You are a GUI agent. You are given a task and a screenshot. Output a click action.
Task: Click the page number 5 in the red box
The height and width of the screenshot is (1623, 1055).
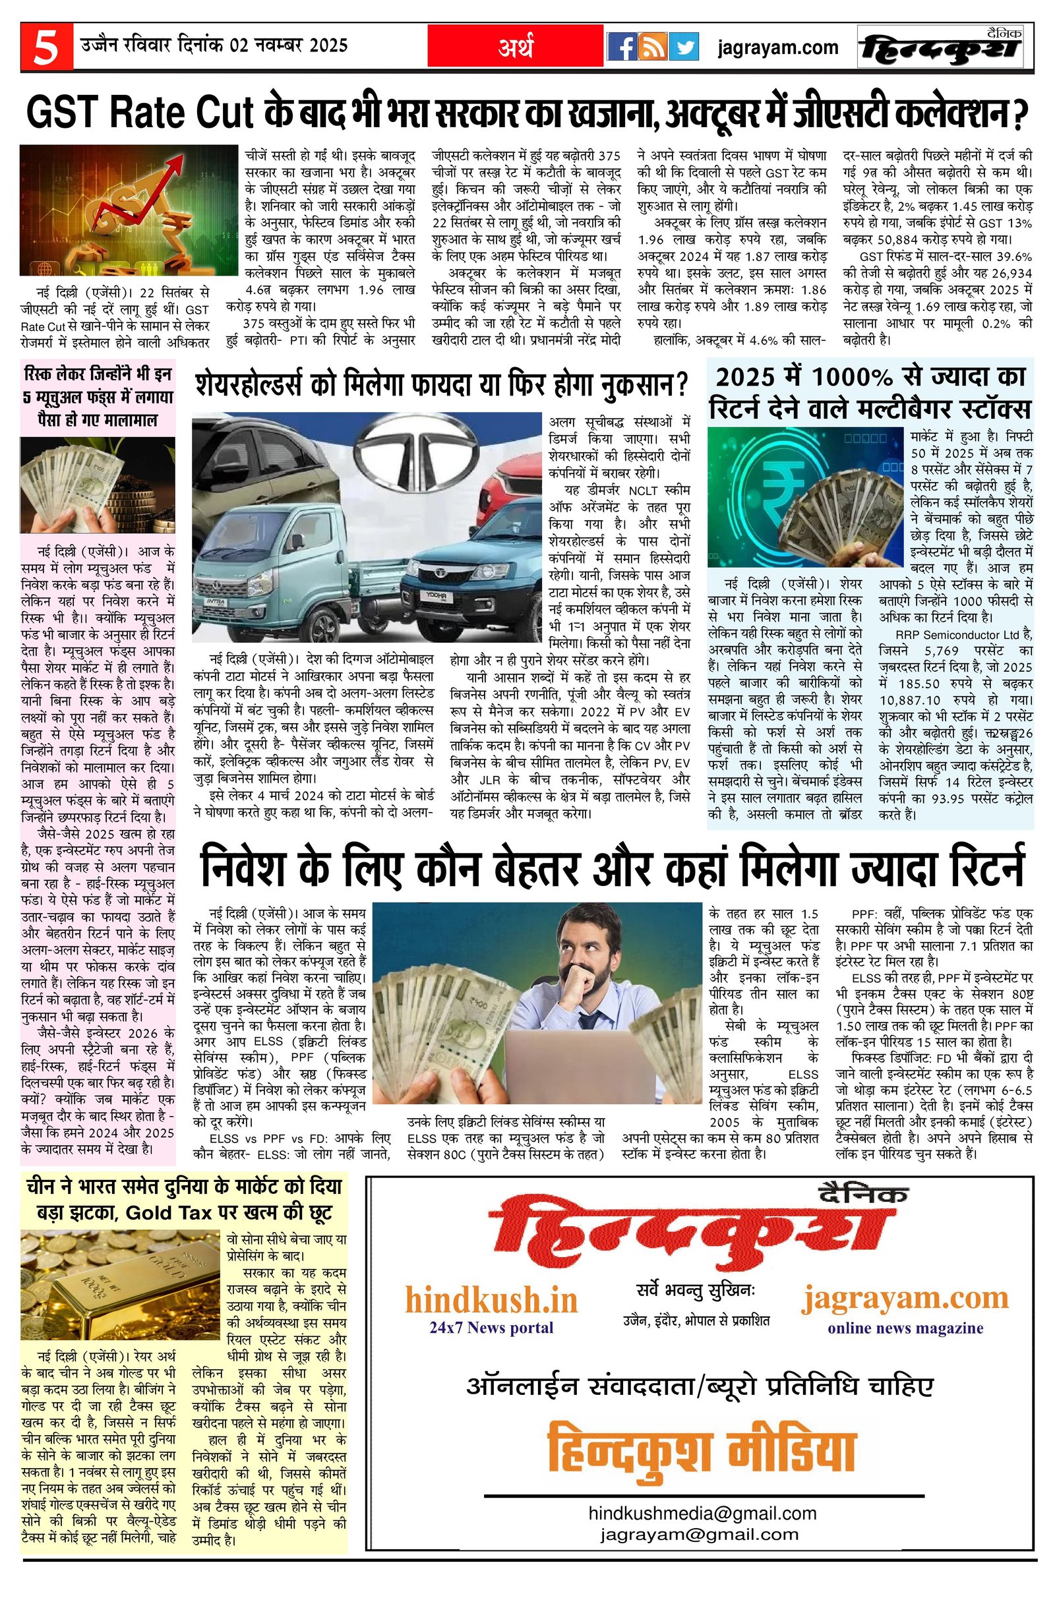point(45,48)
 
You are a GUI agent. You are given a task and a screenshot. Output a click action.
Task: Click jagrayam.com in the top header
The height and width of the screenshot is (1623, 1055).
point(777,47)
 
